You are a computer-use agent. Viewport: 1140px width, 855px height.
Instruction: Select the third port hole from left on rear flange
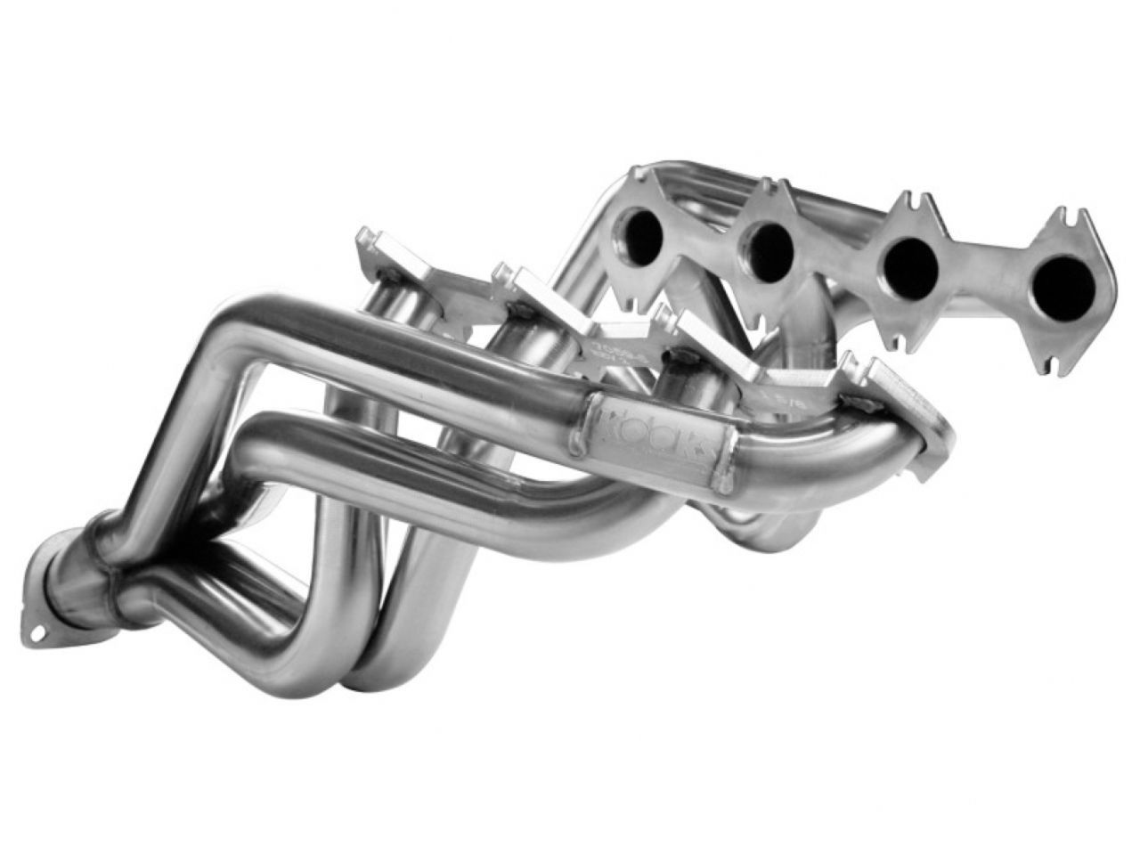pyautogui.click(x=907, y=259)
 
